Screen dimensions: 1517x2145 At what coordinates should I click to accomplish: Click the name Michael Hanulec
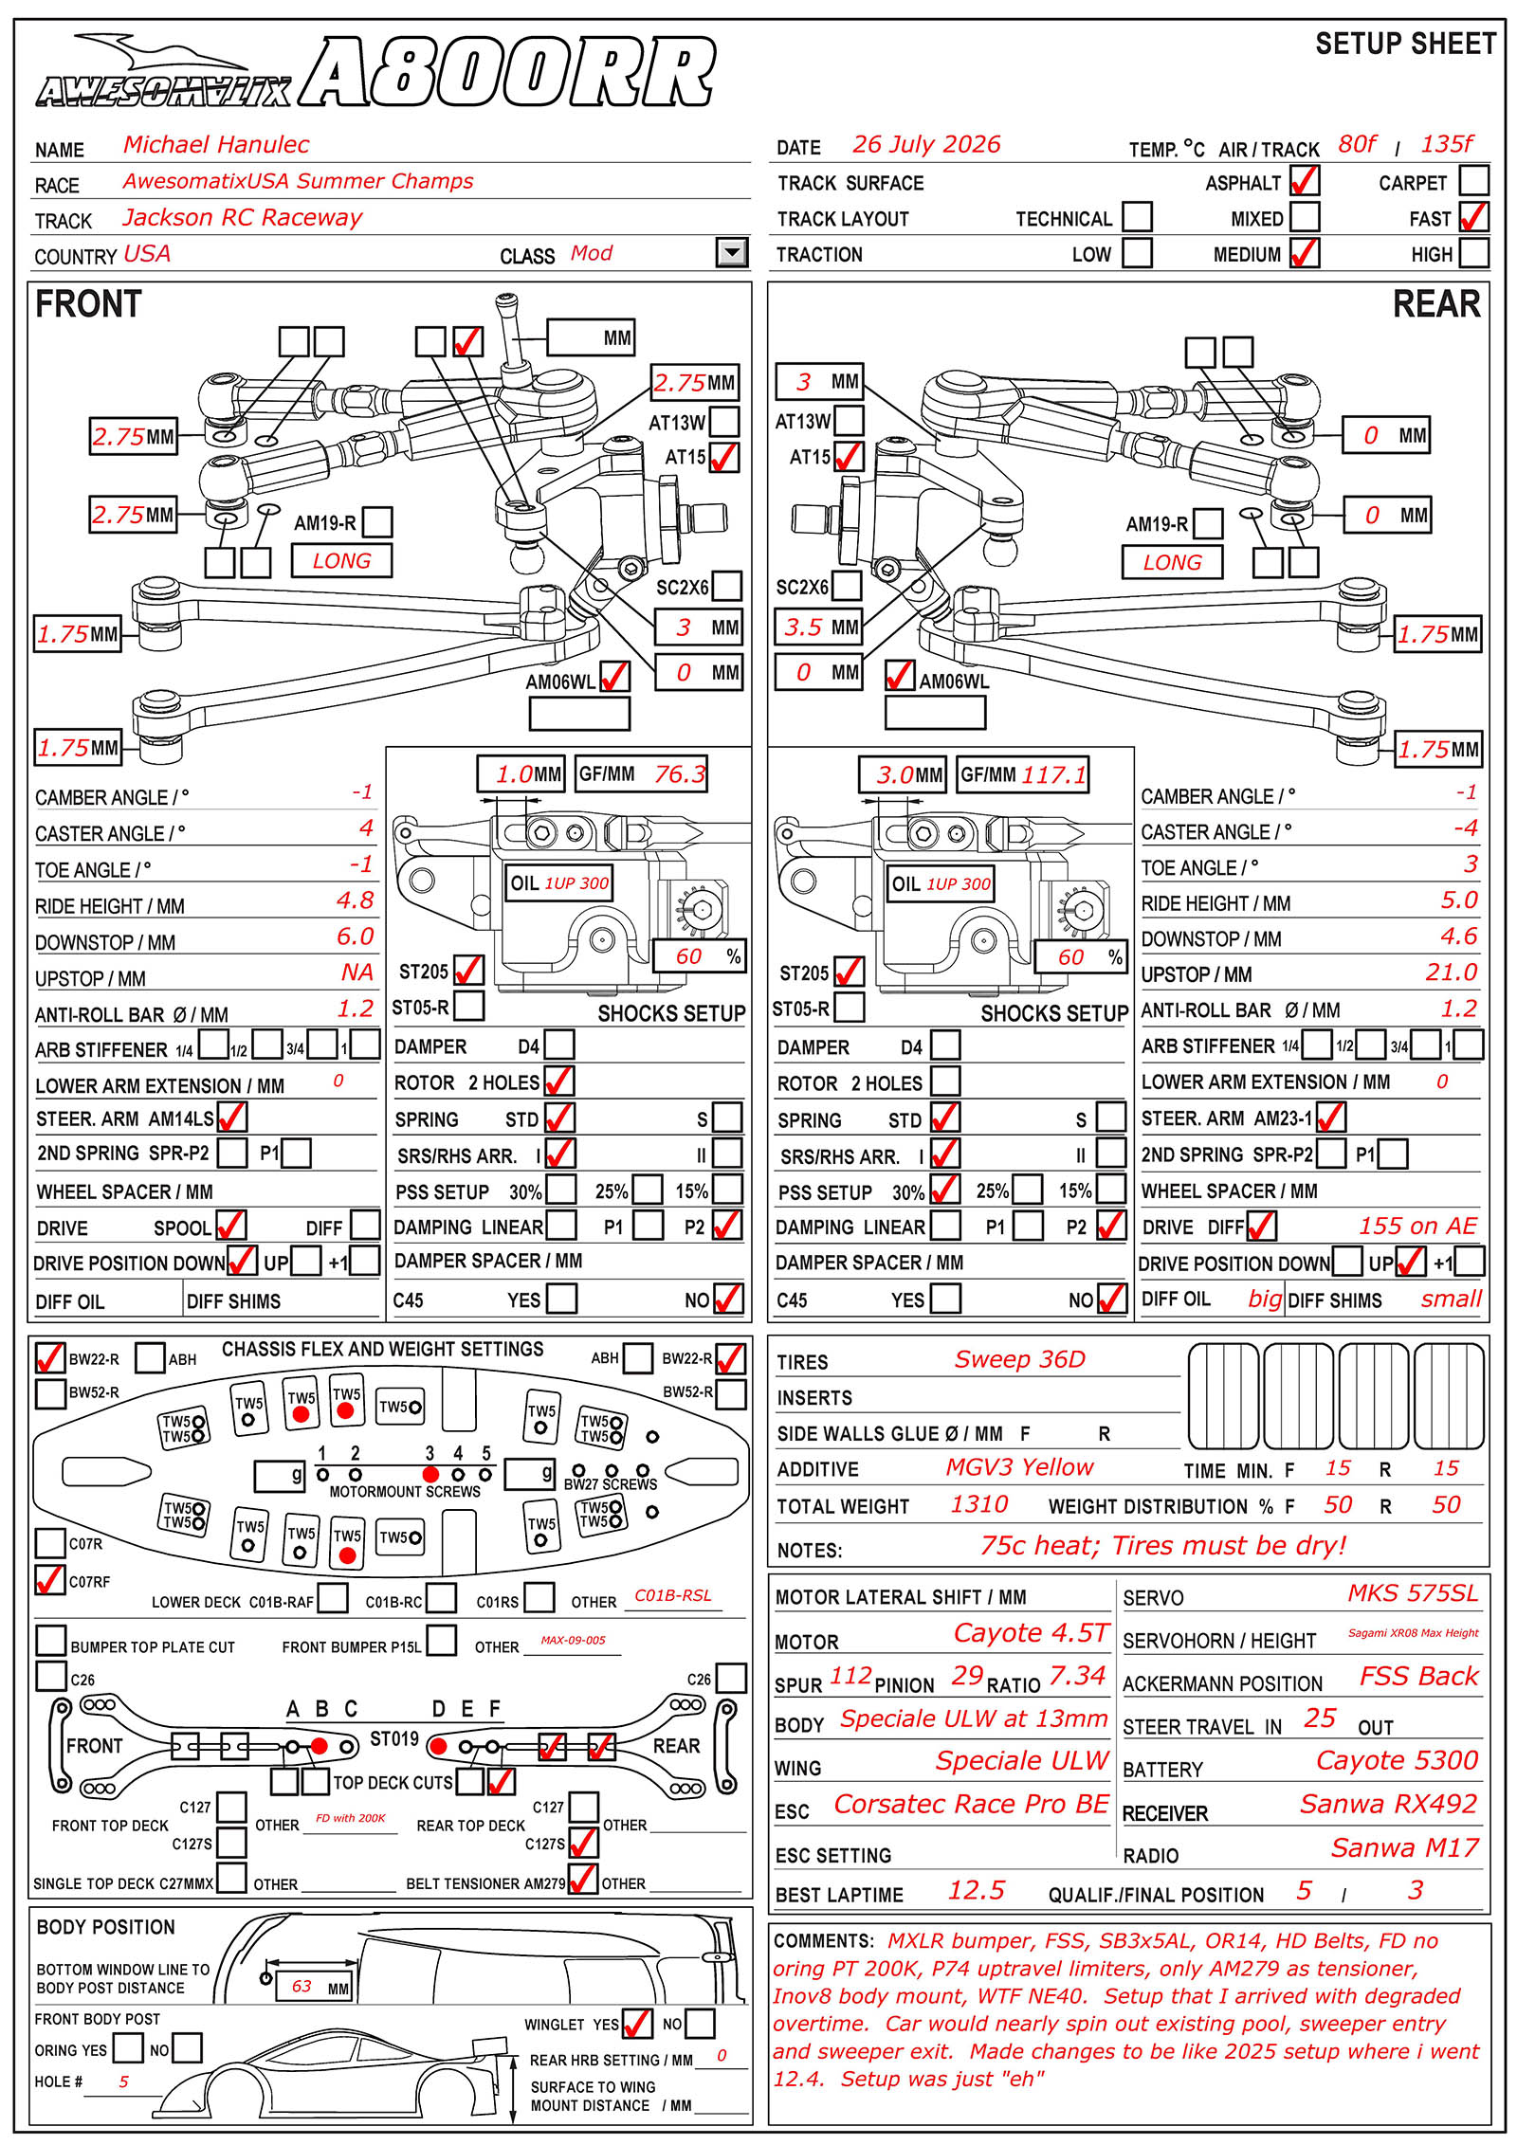[216, 144]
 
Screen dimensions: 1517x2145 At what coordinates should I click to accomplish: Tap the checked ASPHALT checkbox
[1305, 180]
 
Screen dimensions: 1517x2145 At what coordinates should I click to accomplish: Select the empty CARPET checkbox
[1473, 180]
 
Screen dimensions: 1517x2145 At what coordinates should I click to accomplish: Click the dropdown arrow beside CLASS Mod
[732, 252]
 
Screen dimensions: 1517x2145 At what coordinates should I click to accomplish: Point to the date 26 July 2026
[926, 144]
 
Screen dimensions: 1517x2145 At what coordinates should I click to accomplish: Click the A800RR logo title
[507, 73]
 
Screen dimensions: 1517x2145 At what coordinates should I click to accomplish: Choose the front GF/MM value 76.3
[680, 774]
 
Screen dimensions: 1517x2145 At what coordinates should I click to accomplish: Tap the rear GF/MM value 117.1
[1053, 774]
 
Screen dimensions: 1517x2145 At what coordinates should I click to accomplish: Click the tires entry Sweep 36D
[1019, 1359]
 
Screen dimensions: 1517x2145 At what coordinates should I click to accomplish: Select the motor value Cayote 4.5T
[1031, 1632]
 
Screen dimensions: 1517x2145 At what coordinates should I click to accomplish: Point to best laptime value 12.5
[976, 1890]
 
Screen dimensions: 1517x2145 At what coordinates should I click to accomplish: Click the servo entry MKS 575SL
[1413, 1592]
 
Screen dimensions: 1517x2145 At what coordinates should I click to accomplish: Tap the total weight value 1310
[979, 1504]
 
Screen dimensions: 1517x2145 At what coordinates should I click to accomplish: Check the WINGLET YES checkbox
[637, 2023]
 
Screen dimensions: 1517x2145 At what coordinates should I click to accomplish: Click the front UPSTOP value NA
[357, 973]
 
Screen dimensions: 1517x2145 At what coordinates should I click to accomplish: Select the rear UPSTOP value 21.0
[1452, 972]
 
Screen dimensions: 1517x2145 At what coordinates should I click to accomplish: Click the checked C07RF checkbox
[49, 1580]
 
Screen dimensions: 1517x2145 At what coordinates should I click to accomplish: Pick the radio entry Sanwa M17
[1405, 1847]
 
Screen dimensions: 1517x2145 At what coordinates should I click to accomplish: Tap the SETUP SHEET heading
[1406, 44]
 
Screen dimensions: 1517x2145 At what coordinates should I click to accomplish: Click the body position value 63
[302, 1986]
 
